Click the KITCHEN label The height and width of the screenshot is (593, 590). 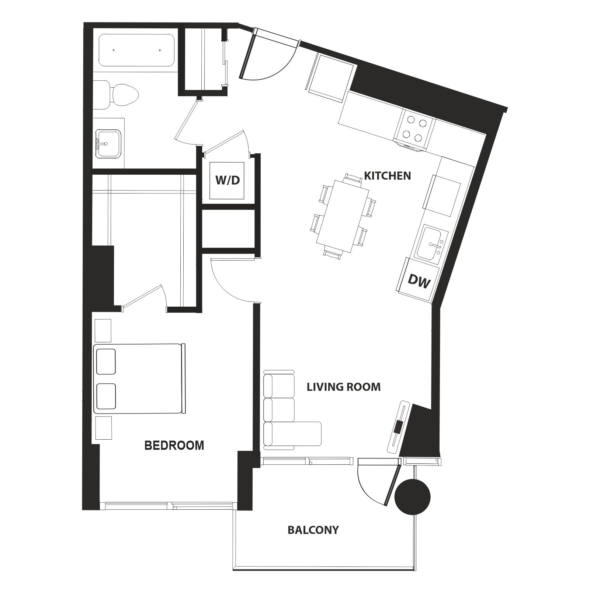387,175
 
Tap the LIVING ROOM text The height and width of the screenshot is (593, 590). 344,387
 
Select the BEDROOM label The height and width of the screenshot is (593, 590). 174,445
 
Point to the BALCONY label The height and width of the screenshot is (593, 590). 313,530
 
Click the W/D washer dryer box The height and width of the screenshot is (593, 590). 227,181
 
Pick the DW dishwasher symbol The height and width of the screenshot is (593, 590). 419,282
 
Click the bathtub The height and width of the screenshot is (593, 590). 136,50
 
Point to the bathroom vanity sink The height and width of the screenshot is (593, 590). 108,144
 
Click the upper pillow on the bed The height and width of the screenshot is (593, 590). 106,362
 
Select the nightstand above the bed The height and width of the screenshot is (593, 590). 103,331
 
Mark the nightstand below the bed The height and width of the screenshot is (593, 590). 103,428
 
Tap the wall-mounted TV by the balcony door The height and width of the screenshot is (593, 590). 398,426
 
